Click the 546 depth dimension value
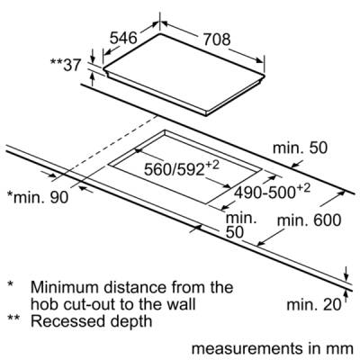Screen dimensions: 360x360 point(123,38)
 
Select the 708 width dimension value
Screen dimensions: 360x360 point(217,40)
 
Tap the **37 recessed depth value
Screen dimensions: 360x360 point(66,65)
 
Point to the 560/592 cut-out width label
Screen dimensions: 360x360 point(182,168)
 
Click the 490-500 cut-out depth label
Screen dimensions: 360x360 point(272,192)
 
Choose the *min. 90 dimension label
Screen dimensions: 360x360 point(38,197)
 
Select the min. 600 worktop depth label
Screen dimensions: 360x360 point(310,220)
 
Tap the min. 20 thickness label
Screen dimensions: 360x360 point(314,304)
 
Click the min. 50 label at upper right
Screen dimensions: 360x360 point(300,148)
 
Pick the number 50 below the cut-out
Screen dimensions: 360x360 point(235,232)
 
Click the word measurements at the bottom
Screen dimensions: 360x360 point(247,348)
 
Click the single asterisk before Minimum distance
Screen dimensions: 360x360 point(11,284)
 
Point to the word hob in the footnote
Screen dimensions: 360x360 point(41,304)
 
